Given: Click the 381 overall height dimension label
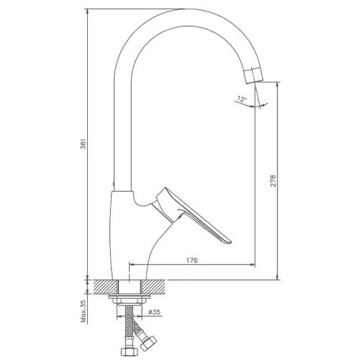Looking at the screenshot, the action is click(83, 144).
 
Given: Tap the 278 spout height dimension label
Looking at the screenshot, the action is click(274, 181).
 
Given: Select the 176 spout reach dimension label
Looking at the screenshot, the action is click(192, 260).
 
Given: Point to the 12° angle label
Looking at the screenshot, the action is click(242, 99).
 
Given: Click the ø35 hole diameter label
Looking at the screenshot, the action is click(154, 312).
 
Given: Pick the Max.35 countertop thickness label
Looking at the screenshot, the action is click(84, 311).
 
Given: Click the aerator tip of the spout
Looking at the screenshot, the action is click(253, 75).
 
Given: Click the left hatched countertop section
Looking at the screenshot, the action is click(105, 287).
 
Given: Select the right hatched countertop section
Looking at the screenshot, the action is click(153, 287).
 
